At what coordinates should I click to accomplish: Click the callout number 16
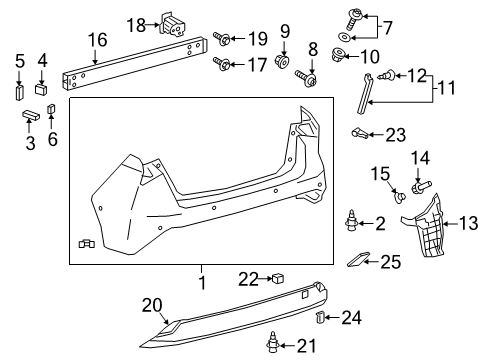96,40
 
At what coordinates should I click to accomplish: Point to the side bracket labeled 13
434,224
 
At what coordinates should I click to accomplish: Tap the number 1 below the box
201,284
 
